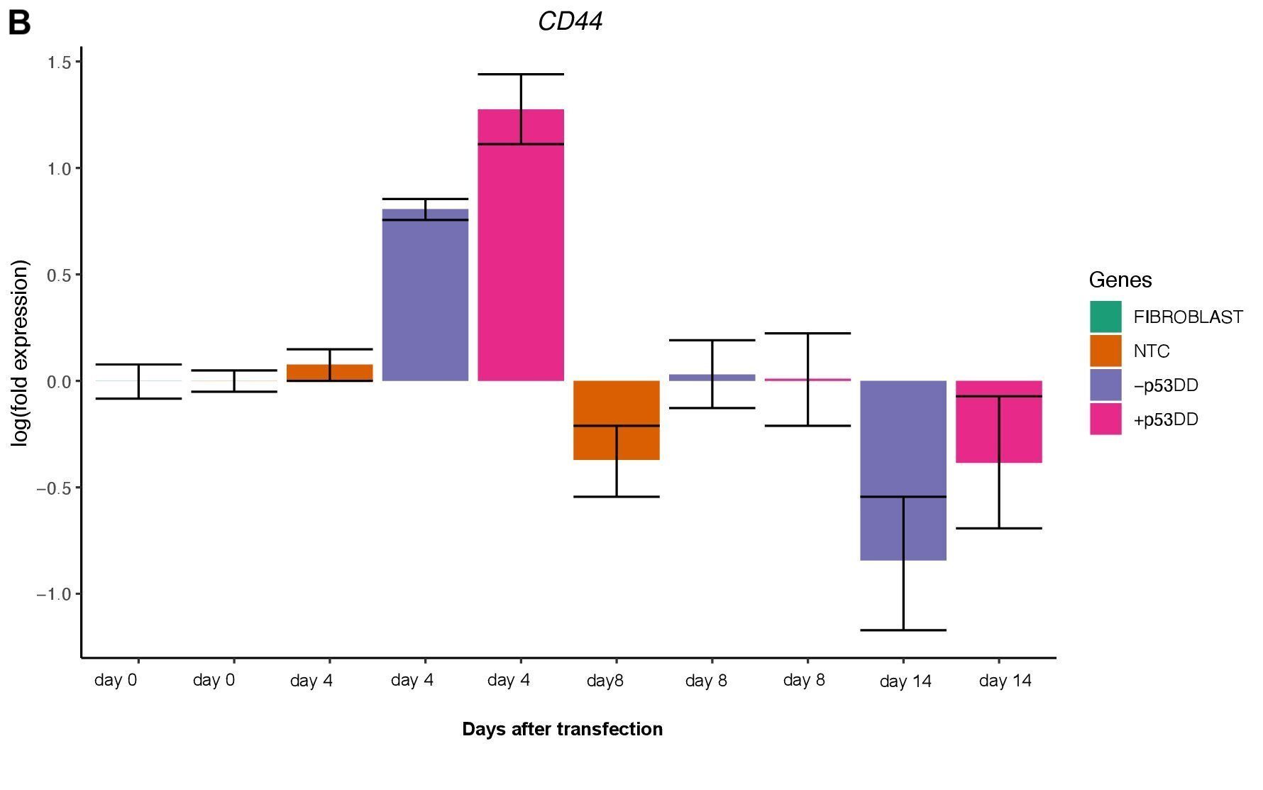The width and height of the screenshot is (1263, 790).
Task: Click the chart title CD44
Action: [x=570, y=21]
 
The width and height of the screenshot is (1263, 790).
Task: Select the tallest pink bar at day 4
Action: [x=521, y=245]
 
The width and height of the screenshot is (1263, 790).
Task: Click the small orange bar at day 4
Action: [x=329, y=373]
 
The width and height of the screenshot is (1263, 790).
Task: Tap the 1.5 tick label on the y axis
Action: [x=59, y=62]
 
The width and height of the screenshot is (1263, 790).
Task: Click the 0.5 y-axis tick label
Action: [x=59, y=275]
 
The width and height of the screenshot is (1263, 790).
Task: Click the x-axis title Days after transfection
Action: [x=562, y=729]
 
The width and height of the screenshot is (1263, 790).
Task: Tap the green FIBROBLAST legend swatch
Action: [x=1105, y=317]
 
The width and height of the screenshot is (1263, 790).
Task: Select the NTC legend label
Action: [x=1151, y=351]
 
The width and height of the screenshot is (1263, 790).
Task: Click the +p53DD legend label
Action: [x=1165, y=419]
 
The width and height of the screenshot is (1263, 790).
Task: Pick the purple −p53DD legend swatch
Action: [x=1105, y=385]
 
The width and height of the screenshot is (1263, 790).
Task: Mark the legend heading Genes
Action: [x=1120, y=280]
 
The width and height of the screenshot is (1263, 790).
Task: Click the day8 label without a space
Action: [x=605, y=681]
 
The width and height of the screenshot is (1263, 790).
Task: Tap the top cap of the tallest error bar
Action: [x=521, y=74]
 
